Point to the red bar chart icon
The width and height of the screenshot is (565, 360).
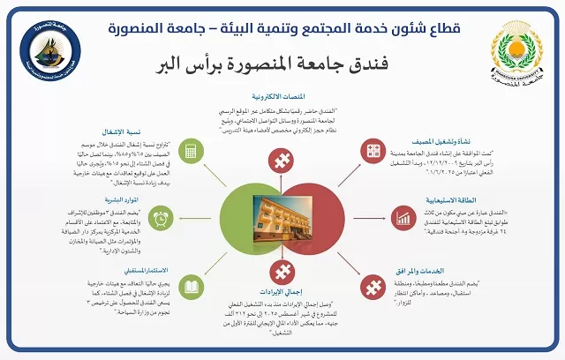404,217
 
